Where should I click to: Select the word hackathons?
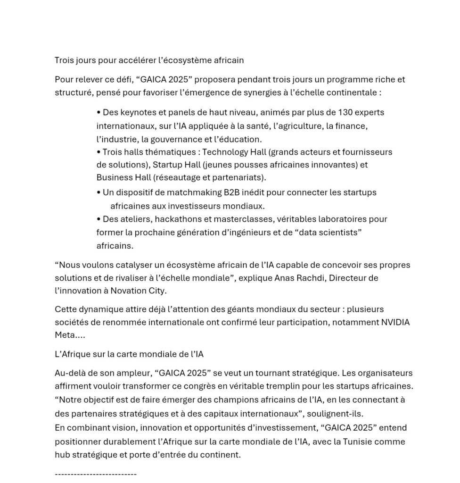[x=180, y=219]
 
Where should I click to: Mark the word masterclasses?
[x=244, y=219]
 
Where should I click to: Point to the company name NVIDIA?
[x=394, y=322]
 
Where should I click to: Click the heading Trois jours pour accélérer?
[x=149, y=60]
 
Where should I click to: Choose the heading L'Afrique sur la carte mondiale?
[x=129, y=354]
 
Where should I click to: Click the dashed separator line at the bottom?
[x=96, y=474]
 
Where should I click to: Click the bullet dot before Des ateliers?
[x=99, y=219]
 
